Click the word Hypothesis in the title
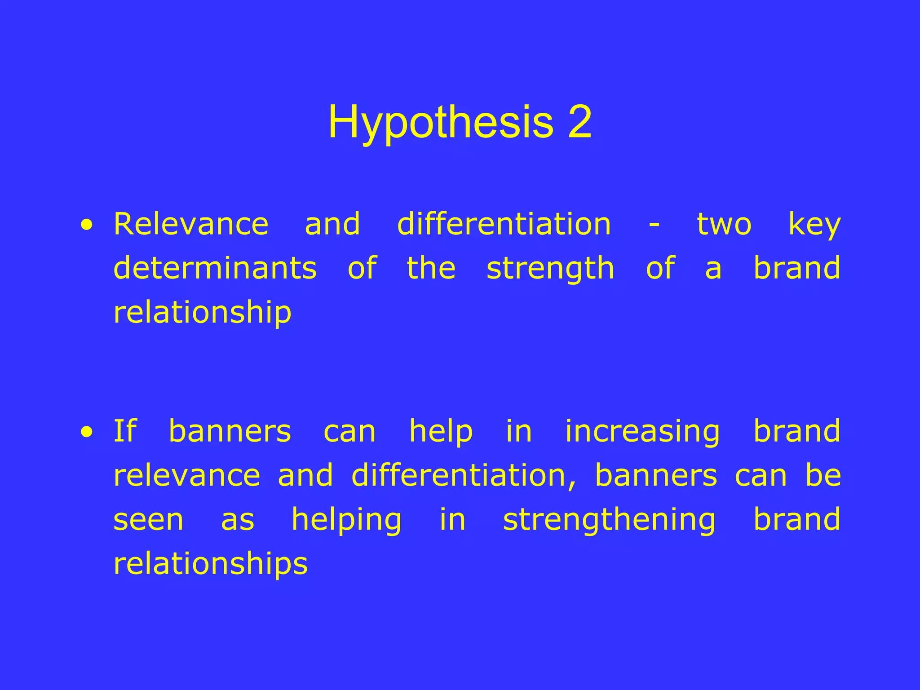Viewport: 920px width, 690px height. [x=440, y=122]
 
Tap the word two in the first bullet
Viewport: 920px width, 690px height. [x=724, y=225]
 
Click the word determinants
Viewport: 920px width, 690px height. [x=215, y=268]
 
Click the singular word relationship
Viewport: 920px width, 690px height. [x=203, y=313]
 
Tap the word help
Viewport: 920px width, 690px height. [x=441, y=432]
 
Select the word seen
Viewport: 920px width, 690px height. [x=148, y=520]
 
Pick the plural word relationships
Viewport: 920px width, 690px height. [x=211, y=564]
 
